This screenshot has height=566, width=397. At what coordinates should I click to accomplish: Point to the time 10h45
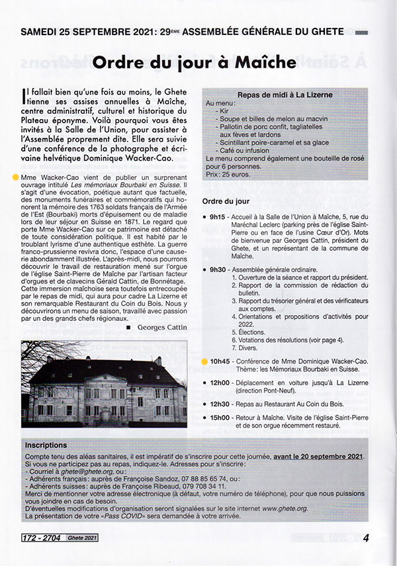pos(219,361)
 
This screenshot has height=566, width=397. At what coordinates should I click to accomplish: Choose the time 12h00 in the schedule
pos(219,384)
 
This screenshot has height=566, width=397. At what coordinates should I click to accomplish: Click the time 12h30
pos(219,403)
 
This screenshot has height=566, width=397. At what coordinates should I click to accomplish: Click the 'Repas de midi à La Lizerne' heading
pos(285,95)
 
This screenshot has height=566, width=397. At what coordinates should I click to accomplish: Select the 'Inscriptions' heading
pos(47,446)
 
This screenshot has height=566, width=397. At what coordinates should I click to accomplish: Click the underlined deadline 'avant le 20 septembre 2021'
pos(310,457)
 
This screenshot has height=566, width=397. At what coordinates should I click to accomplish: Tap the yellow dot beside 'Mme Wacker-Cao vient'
pos(15,177)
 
